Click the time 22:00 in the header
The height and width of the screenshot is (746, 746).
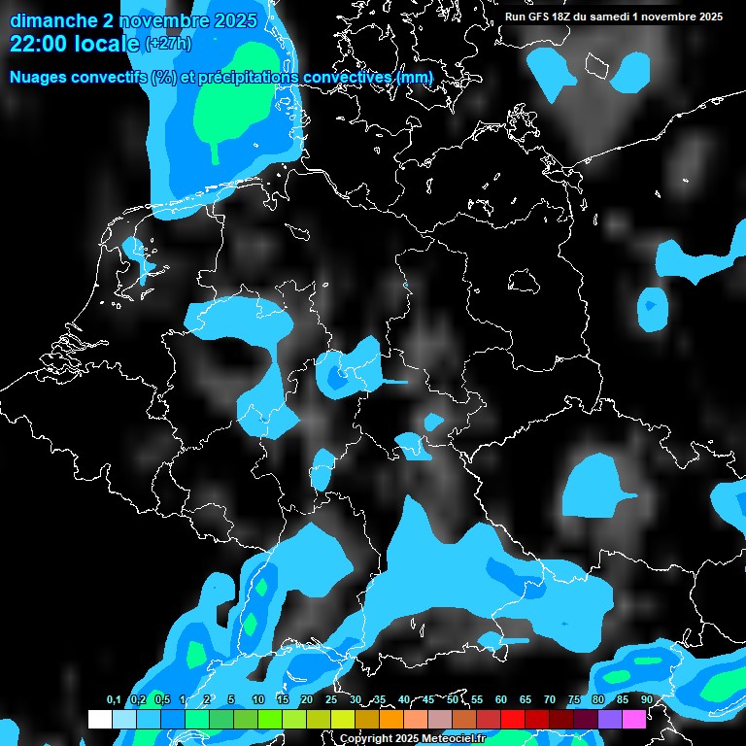38,44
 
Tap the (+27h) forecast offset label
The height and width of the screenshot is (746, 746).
168,44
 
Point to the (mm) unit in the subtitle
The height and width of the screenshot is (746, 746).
416,77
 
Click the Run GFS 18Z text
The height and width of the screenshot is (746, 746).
537,17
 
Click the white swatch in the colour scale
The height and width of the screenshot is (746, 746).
100,719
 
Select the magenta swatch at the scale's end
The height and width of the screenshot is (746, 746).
634,719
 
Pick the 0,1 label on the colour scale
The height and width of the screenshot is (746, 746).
114,700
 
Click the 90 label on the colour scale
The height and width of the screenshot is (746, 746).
646,700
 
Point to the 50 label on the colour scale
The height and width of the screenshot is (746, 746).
453,700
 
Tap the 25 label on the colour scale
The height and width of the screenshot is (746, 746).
330,700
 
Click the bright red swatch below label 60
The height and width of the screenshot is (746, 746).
513,719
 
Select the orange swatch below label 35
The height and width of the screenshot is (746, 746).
391,719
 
